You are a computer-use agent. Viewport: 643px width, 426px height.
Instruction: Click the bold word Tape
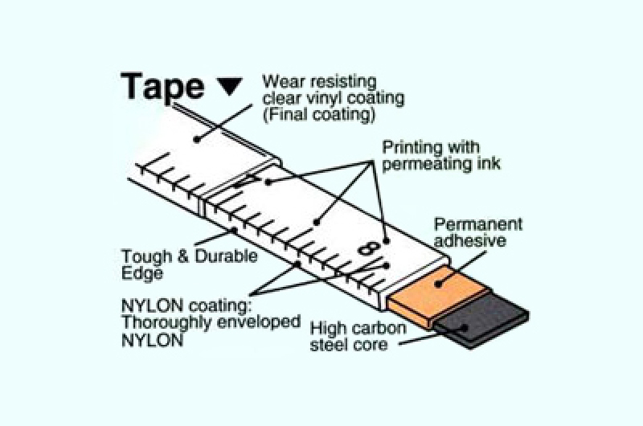(x=162, y=88)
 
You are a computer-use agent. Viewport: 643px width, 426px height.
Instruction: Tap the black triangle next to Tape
(x=229, y=87)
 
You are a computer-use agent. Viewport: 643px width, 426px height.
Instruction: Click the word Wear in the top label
(x=284, y=81)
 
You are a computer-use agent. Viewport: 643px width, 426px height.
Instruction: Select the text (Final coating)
(x=318, y=114)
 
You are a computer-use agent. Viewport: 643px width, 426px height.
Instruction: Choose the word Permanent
(x=478, y=224)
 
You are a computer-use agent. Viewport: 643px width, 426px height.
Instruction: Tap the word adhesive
(x=470, y=240)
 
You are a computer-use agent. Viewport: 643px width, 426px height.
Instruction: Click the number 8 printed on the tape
(x=367, y=248)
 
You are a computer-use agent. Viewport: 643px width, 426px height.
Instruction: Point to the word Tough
(x=146, y=257)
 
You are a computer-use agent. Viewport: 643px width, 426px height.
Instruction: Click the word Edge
(x=142, y=273)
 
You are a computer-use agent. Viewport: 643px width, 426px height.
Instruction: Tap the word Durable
(x=226, y=256)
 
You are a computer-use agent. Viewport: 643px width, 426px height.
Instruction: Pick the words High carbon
(x=358, y=328)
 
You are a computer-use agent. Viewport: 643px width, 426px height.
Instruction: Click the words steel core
(x=349, y=344)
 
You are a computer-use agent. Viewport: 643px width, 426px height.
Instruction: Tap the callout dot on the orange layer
(x=438, y=283)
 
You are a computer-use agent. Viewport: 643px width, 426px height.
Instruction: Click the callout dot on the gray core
(x=465, y=327)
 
